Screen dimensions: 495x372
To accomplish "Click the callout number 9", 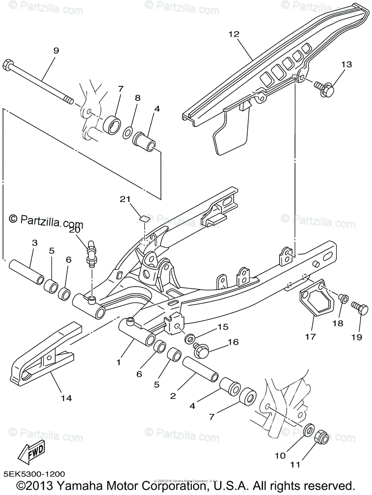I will click(x=56, y=51).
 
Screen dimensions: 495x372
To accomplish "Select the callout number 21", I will click(x=125, y=199).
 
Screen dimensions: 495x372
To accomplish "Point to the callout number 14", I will click(x=66, y=398).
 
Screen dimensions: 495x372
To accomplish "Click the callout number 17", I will click(x=310, y=337).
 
